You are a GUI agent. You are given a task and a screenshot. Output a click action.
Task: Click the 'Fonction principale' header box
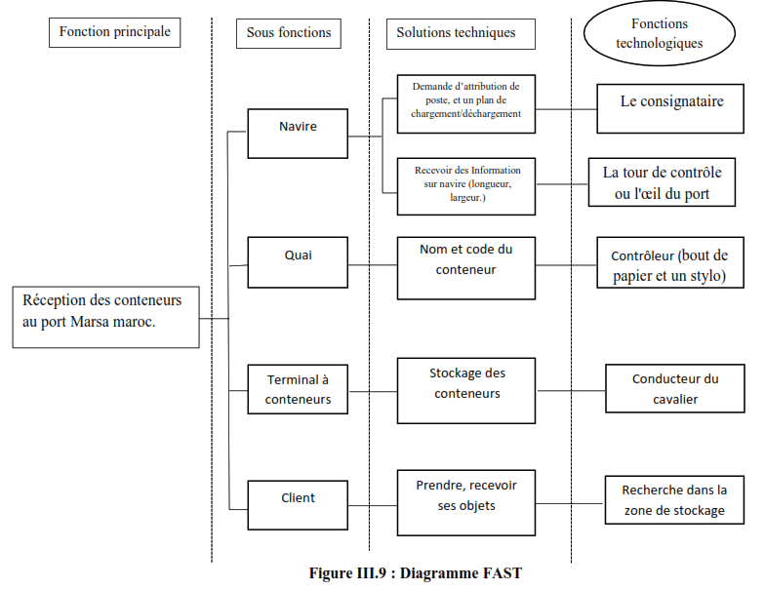pos(114,32)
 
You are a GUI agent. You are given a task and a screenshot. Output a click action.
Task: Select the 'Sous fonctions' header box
pos(288,33)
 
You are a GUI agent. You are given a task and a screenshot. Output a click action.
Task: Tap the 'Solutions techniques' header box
pos(456,33)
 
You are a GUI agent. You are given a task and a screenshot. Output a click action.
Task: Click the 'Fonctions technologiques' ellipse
pos(659,34)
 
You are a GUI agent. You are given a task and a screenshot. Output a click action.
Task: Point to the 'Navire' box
pos(298,133)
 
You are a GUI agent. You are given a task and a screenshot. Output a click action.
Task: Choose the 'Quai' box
pos(298,261)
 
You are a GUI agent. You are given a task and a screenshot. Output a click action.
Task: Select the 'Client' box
pos(298,504)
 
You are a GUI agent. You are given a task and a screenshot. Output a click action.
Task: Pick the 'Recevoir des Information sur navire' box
pos(465,184)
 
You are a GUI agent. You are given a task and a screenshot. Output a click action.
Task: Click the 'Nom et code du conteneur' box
pos(465,266)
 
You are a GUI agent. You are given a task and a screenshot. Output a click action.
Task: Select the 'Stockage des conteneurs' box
pos(466,389)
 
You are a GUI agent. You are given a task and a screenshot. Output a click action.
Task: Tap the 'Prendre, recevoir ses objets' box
pos(466,502)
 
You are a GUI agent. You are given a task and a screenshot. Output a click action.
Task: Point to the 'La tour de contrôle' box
pos(662,182)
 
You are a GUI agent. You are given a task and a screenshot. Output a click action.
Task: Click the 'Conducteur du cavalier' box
pos(674,389)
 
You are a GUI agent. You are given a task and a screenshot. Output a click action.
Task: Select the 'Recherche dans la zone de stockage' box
pos(674,500)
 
